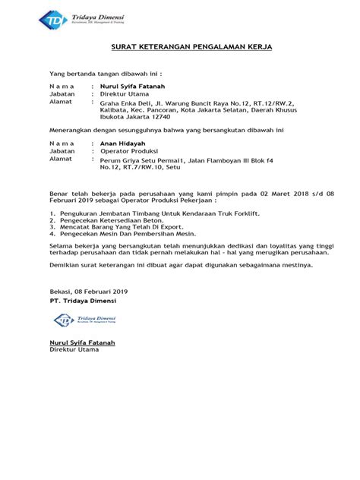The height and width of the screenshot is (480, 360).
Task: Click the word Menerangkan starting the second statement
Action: (69, 131)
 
